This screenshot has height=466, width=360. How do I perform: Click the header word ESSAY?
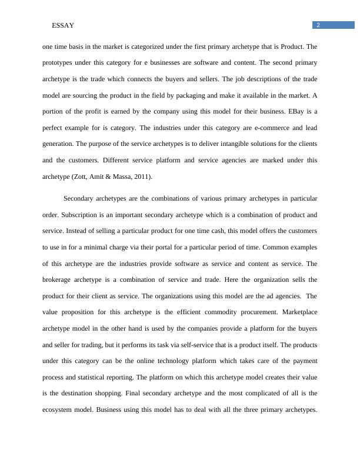(x=62, y=26)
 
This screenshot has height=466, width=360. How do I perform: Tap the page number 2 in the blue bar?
(x=318, y=25)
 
